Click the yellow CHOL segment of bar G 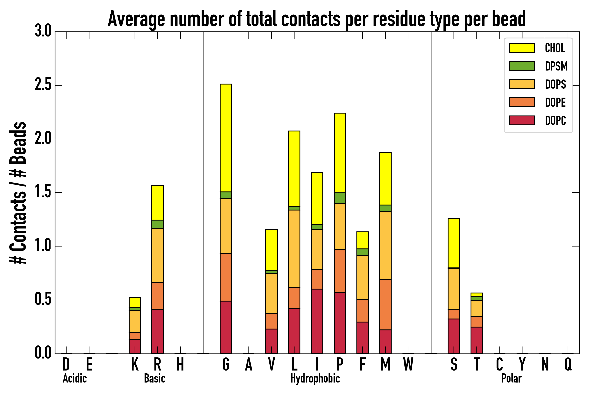pos(226,138)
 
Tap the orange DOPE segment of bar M pos(385,304)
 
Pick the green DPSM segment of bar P pos(340,198)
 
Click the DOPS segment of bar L pos(294,249)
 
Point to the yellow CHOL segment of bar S pos(454,243)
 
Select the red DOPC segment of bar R pos(157,331)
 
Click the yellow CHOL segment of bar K pos(135,302)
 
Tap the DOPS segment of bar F pos(362,277)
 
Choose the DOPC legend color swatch pos(522,120)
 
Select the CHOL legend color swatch pos(522,48)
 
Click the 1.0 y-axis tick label pos(43,246)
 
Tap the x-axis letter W pos(408,364)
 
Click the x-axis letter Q pos(568,364)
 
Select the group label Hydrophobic pos(315,378)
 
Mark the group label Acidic pos(75,378)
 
